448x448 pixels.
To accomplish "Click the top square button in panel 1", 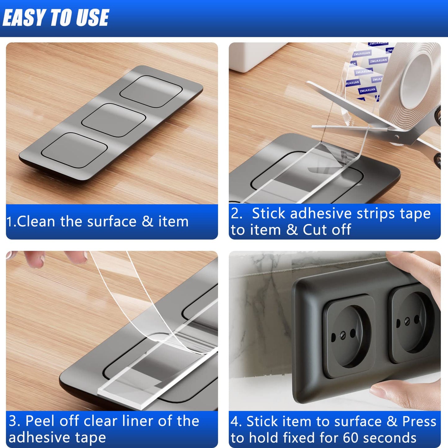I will pos(151,91).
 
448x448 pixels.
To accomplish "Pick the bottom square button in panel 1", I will pos(75,150).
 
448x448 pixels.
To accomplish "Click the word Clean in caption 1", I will pos(36,222).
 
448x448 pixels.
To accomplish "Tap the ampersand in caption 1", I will pos(148,222).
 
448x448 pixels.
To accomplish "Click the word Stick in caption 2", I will pos(268,214).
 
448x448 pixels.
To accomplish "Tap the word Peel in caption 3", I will pos(40,421).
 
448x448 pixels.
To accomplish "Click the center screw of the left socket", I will pos(343,335).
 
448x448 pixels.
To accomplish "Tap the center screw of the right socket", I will pos(407,322).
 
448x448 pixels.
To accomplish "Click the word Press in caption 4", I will pos(419,421).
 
